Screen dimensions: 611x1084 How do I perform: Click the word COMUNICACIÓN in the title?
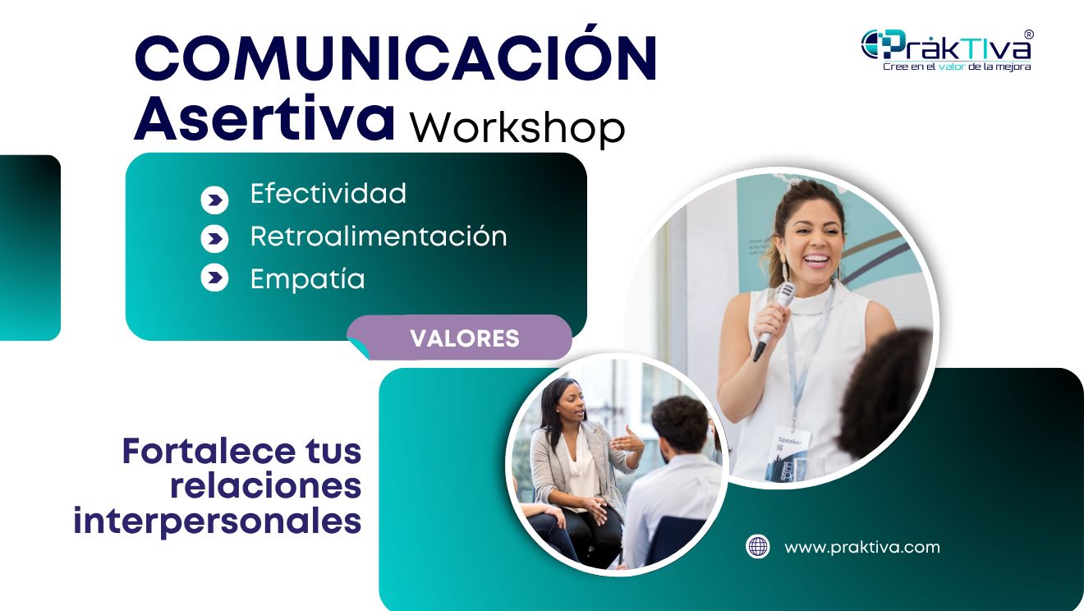(x=396, y=59)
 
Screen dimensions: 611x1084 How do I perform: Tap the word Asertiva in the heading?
(x=264, y=119)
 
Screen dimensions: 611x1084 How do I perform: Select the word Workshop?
(x=517, y=126)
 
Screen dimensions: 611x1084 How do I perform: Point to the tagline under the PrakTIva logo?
(x=956, y=67)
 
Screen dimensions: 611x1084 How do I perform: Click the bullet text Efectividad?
(x=328, y=194)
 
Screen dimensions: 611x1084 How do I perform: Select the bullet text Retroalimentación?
(x=379, y=237)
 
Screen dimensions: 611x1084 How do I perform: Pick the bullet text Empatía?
(x=307, y=279)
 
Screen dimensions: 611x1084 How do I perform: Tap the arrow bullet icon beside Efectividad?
(x=214, y=200)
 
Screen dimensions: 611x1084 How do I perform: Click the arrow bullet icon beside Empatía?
(x=214, y=278)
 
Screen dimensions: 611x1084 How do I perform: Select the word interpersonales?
(x=218, y=521)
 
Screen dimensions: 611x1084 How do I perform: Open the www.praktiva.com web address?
(x=862, y=547)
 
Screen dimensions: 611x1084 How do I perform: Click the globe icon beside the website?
(x=758, y=546)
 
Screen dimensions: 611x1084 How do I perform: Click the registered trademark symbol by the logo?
(x=1029, y=34)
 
